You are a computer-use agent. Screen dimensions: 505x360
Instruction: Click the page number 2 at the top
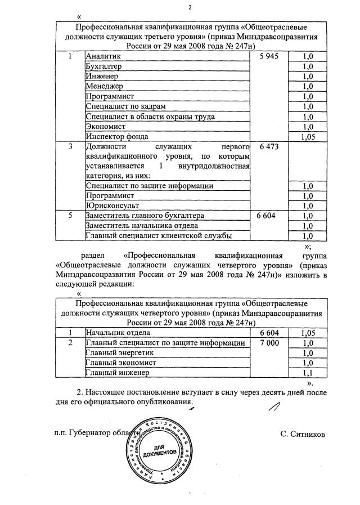pos(190,7)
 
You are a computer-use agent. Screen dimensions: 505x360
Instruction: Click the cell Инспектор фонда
pos(116,136)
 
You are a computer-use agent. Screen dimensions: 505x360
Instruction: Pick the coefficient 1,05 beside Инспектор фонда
pos(307,136)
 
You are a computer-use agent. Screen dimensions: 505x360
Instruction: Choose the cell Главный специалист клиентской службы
pos(158,236)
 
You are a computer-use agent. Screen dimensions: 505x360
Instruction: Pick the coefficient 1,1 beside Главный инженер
pos(307,373)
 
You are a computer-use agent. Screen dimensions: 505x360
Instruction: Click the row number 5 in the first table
pos(70,216)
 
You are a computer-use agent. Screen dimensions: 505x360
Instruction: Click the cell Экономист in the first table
pos(105,126)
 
